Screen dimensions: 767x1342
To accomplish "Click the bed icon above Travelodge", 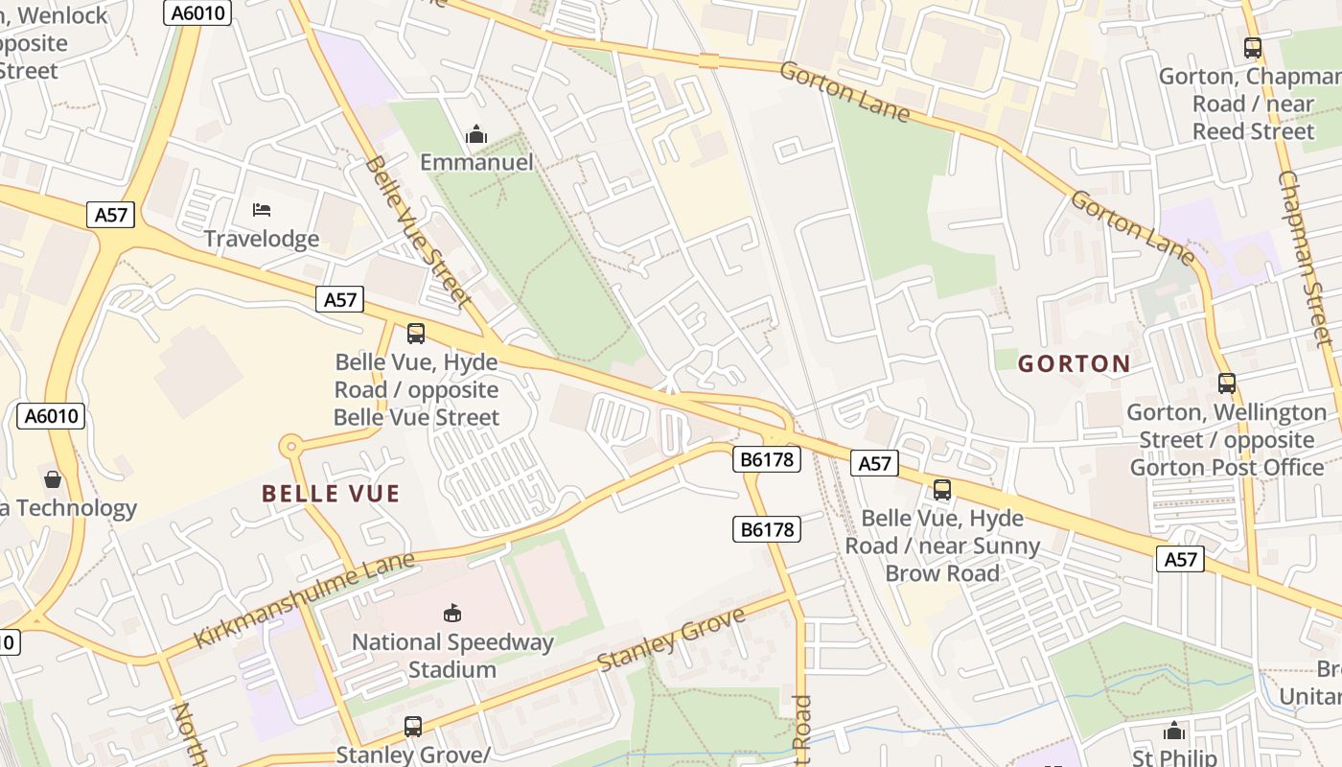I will point(262,209).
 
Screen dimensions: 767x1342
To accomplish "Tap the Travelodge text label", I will point(262,239).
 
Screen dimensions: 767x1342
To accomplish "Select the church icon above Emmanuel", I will point(476,135).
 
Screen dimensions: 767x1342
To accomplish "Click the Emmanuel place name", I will point(476,162).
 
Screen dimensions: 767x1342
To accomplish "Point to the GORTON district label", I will point(1074,363).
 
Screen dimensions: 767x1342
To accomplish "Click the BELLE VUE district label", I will point(331,494).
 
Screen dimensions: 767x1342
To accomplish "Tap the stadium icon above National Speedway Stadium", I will point(452,613).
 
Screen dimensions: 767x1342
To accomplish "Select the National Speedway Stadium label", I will point(452,655).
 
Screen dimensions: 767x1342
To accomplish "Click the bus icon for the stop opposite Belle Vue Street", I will point(416,334).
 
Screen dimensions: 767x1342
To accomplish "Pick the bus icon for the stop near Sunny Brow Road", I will point(942,490).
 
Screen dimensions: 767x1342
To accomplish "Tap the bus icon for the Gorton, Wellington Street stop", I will point(1227,383).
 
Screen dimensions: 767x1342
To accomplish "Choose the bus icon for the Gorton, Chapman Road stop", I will point(1253,47).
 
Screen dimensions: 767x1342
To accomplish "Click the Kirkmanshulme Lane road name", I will point(305,599).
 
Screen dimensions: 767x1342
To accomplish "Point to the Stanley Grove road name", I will point(671,639).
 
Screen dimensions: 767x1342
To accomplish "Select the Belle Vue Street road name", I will point(418,231).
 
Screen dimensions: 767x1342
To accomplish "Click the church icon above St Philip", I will point(1174,732).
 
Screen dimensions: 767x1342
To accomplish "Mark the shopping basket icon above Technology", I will point(53,478).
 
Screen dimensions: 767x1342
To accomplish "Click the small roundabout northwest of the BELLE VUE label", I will point(290,446).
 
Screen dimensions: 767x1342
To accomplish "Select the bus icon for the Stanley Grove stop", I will point(413,727).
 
